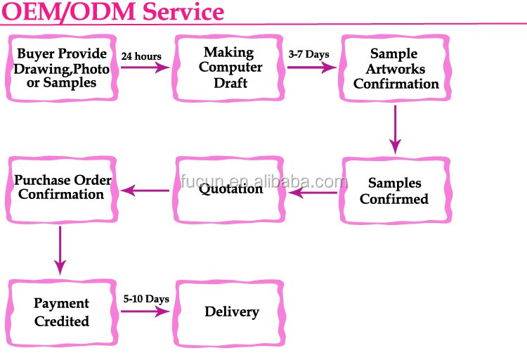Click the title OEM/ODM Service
[x=112, y=11]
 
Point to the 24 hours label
[x=141, y=56]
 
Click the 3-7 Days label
[x=308, y=54]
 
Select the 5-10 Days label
[x=146, y=299]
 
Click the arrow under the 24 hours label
[x=145, y=67]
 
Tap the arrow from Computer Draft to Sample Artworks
[x=312, y=67]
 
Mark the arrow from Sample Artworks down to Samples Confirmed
[x=395, y=130]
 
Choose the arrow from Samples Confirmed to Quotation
[x=313, y=193]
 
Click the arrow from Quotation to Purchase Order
[x=145, y=191]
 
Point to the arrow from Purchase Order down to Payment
[x=60, y=250]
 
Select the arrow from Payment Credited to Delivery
[x=145, y=311]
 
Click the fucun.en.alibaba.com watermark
[x=263, y=181]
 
